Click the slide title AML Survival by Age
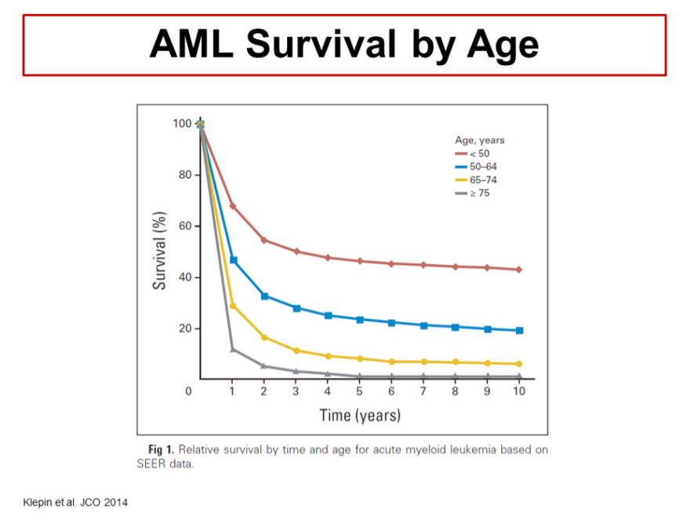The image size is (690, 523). tap(344, 45)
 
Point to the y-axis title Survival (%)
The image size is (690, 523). tap(160, 250)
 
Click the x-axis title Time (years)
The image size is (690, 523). tap(360, 415)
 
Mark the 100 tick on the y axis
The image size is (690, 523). tap(181, 124)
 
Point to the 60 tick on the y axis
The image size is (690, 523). tap(184, 226)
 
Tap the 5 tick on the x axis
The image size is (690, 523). tap(360, 391)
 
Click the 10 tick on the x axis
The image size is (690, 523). tap(518, 391)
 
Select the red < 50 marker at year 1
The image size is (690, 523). tap(233, 206)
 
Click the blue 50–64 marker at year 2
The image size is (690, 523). tap(264, 296)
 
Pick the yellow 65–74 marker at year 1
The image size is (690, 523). tap(233, 306)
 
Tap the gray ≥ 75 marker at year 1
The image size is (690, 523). tap(233, 349)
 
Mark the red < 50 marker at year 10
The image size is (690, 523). tap(518, 270)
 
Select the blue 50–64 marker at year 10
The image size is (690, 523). tap(518, 330)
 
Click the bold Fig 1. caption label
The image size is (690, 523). tap(162, 449)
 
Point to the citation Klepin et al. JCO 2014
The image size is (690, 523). tap(74, 501)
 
